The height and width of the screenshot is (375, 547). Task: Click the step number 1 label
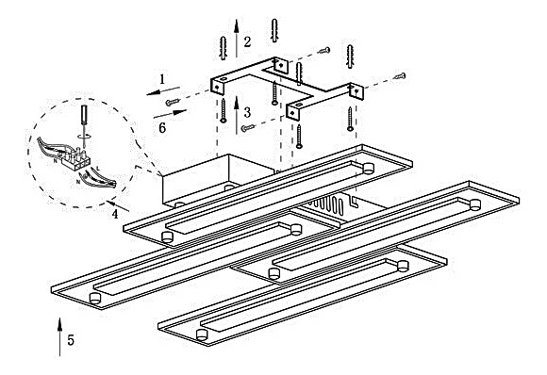(x=162, y=79)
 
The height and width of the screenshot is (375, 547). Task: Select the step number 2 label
(x=247, y=41)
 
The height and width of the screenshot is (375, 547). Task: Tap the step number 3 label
(x=247, y=112)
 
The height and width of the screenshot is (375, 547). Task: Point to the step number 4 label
(x=115, y=214)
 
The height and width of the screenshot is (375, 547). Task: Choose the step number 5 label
(x=71, y=340)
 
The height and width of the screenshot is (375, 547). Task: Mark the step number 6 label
(x=162, y=128)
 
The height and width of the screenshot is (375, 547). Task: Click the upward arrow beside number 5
(x=59, y=337)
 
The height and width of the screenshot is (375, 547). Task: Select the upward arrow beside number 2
(x=237, y=39)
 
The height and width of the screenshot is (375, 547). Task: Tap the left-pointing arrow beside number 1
(x=163, y=91)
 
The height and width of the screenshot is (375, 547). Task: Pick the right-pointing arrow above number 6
(x=171, y=114)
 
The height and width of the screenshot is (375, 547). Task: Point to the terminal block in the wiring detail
(x=76, y=159)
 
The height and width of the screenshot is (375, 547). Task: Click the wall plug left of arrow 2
(x=223, y=48)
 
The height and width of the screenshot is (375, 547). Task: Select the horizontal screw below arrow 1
(x=173, y=102)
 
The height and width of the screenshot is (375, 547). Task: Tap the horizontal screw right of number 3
(x=248, y=128)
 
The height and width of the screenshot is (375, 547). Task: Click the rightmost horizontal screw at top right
(x=399, y=75)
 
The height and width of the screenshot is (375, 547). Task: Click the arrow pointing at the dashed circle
(x=118, y=205)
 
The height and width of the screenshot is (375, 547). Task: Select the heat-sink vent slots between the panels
(x=329, y=204)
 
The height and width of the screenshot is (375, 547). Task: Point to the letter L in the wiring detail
(x=98, y=169)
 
